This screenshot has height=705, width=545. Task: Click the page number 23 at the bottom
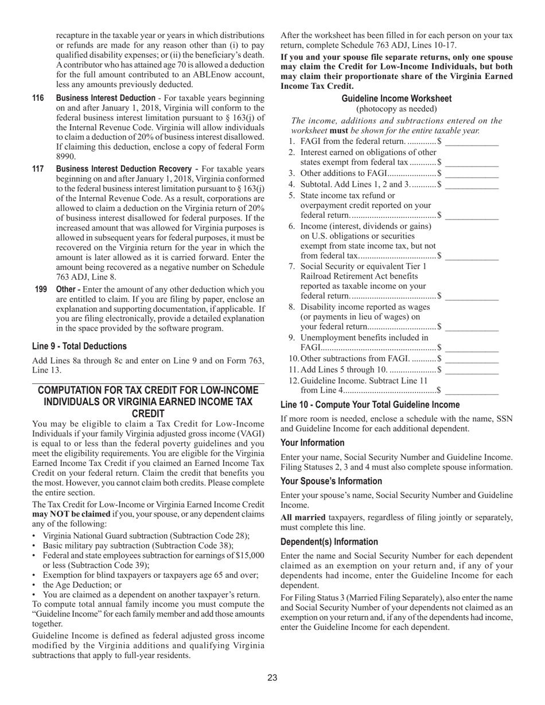pos(272,678)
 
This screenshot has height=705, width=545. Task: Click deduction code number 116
pos(38,98)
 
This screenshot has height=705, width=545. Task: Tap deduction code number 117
pos(38,169)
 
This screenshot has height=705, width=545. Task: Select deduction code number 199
pos(41,289)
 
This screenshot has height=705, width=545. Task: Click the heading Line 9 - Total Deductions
pos(79,346)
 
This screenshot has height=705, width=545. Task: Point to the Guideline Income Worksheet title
pos(396,99)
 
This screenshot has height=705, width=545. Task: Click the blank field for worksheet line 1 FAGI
pos(472,142)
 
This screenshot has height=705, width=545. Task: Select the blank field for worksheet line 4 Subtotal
pos(472,185)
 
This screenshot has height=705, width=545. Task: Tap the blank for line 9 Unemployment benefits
pos(472,348)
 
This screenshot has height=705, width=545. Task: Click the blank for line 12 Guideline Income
pos(472,391)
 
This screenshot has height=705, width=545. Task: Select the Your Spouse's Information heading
pos(331,481)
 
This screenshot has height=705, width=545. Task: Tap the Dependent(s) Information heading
pos(329,542)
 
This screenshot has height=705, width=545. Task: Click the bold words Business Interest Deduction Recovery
pos(124,169)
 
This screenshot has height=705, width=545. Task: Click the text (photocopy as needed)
pos(396,109)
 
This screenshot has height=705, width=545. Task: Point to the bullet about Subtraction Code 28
pos(146,536)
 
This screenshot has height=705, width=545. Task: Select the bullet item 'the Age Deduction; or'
pos(82,585)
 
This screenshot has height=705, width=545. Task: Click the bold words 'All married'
pos(303,518)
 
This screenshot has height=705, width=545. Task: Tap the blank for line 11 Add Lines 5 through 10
pos(472,370)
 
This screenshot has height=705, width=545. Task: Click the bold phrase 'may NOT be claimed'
pos(71,514)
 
